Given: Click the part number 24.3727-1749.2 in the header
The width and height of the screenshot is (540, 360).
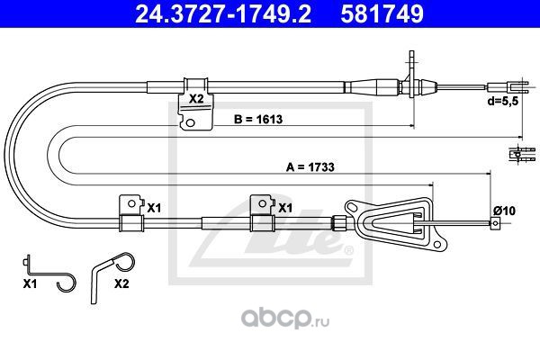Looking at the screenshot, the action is click(223, 13).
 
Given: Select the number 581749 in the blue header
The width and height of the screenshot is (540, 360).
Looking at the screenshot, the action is click(382, 13).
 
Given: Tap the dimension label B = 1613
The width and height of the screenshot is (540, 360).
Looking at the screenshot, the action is click(258, 119).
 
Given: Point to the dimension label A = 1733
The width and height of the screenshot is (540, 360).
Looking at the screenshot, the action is click(310, 167).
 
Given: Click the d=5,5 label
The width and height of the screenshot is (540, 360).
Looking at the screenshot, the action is click(502, 101).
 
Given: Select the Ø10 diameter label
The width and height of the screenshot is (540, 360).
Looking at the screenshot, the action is click(505, 210).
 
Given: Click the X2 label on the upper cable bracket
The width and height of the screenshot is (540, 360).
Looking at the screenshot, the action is click(196, 99).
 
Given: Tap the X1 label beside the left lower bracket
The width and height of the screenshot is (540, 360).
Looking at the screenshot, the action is click(154, 208).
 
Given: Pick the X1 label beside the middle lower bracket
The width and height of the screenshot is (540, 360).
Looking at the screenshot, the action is click(285, 208).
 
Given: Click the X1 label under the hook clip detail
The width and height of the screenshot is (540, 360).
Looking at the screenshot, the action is click(30, 283).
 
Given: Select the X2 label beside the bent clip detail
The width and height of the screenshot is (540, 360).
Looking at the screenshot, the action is click(121, 283).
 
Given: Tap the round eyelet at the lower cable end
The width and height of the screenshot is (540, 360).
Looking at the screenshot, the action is click(495, 223).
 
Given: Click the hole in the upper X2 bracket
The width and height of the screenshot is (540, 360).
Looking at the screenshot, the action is click(190, 122).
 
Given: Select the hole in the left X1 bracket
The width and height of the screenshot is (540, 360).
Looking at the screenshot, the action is click(131, 203).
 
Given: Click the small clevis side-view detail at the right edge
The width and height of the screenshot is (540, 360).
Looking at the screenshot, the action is click(522, 154).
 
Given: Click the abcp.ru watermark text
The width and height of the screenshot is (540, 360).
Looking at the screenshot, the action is click(285, 319).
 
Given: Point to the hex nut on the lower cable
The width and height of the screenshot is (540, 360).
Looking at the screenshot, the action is click(337, 223).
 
